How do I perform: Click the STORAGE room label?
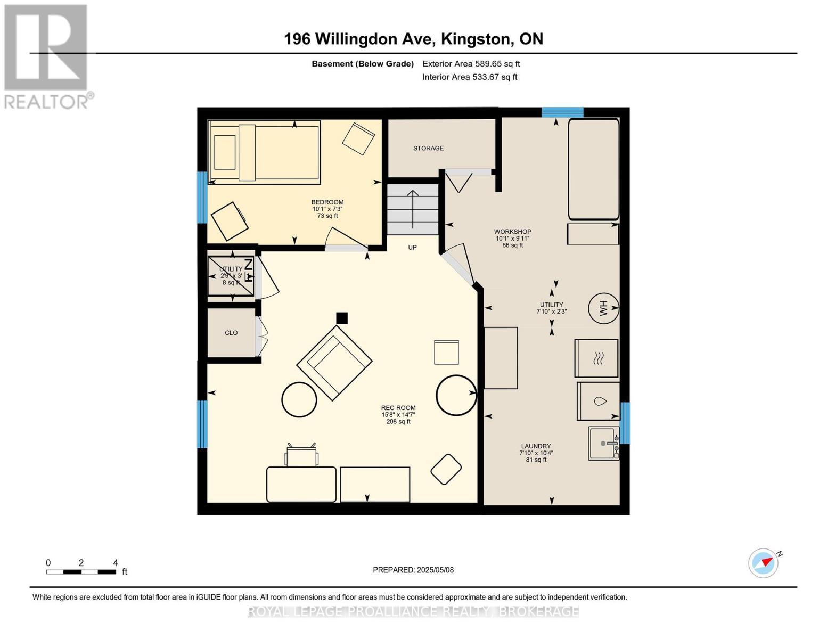point(428,148)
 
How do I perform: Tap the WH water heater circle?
point(603,308)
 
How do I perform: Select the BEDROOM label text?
point(327,202)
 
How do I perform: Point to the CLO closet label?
point(231,333)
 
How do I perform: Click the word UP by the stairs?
point(412,248)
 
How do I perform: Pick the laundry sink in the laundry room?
point(603,444)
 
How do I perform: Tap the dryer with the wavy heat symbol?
point(596,358)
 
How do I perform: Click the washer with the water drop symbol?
point(598,401)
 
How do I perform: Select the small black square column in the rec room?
point(342,318)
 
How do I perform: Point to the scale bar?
point(81,571)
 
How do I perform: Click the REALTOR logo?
point(47,57)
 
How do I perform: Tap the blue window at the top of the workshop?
point(562,112)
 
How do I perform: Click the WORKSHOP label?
point(512,232)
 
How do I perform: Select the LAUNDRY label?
point(536,446)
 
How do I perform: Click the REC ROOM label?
point(398,407)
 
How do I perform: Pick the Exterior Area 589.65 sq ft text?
point(471,64)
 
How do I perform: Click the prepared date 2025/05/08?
point(435,570)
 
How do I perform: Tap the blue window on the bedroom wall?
point(202,197)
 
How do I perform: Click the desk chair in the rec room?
point(301,455)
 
